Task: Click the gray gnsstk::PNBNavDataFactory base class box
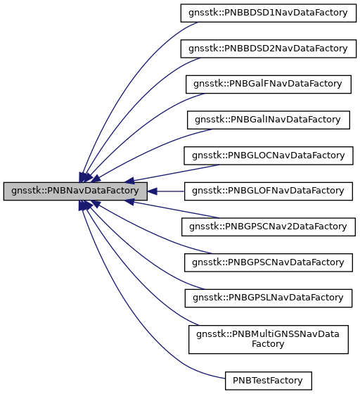click(75, 191)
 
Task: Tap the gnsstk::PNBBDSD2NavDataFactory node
click(267, 49)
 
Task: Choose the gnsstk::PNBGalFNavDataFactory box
click(267, 84)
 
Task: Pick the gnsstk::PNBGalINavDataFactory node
click(267, 120)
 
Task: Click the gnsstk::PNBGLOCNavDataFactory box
click(267, 155)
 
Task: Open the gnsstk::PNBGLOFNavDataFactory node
click(267, 191)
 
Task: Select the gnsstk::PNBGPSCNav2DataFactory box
click(267, 227)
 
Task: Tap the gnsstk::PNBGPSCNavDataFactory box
click(267, 262)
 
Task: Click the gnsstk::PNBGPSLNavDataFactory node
click(267, 298)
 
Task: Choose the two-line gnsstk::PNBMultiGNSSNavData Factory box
click(267, 339)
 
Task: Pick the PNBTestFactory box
click(267, 381)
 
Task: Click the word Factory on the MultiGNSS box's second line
click(267, 345)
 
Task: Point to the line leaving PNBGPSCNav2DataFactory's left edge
click(169, 214)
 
